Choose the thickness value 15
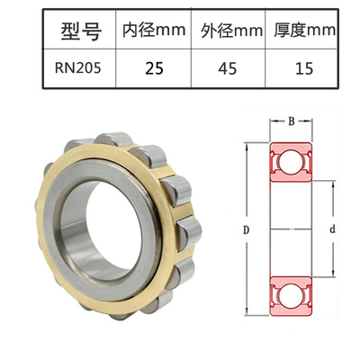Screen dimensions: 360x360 [303, 67]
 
